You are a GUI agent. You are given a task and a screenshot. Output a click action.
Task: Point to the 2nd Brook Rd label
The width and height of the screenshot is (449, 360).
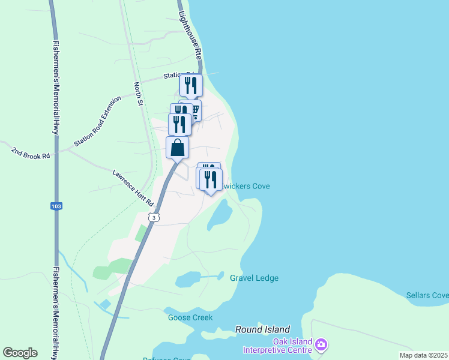click(29, 152)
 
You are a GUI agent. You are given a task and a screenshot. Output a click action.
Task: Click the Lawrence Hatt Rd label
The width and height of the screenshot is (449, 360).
click(133, 188)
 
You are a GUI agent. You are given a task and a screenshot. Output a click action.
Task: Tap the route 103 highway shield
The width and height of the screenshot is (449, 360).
click(56, 206)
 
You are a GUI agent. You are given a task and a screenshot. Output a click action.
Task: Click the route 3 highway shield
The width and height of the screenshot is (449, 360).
click(154, 217)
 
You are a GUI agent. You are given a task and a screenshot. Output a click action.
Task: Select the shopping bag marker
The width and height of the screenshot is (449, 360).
click(178, 147)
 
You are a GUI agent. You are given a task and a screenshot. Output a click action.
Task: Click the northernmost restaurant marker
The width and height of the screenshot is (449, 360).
click(191, 85)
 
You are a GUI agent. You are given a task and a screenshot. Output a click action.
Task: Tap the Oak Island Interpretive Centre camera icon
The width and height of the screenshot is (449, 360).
click(321, 344)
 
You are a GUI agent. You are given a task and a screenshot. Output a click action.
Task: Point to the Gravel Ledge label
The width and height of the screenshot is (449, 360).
click(254, 278)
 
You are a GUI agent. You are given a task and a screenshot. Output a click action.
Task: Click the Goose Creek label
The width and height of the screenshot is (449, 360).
click(190, 317)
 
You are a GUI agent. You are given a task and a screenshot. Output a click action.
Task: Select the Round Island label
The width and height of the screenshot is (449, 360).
click(262, 329)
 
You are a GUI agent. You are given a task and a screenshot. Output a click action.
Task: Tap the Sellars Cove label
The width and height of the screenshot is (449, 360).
click(427, 295)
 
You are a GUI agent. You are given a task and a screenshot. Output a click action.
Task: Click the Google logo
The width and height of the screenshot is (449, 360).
click(20, 353)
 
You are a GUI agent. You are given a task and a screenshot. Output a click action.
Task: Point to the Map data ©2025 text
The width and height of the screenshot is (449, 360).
click(423, 355)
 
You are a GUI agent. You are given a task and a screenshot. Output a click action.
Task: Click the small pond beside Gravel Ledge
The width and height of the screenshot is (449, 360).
click(188, 278)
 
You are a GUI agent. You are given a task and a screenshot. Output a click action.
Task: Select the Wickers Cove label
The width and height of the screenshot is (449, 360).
click(246, 186)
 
